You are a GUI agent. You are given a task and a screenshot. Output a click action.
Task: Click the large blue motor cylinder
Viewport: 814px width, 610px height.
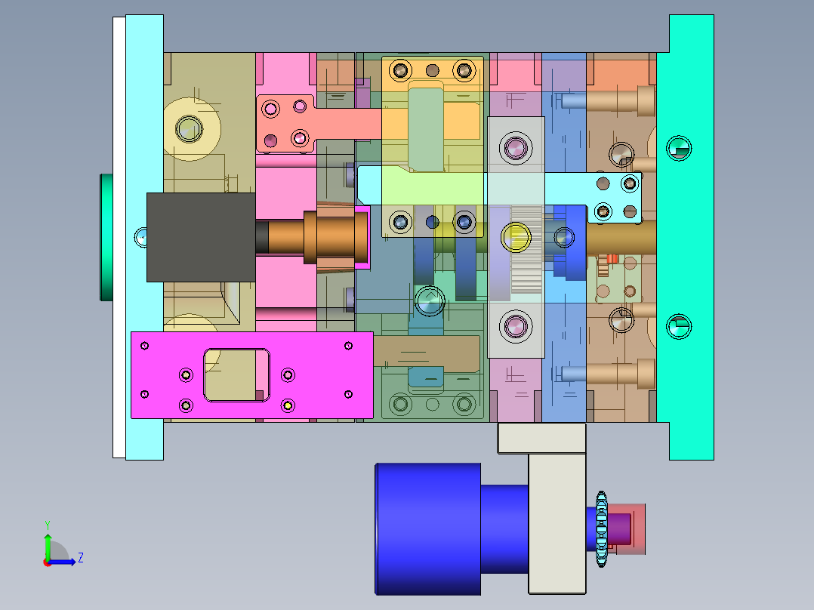pyautogui.click(x=427, y=528)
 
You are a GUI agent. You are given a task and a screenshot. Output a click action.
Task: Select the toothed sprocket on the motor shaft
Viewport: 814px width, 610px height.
pyautogui.click(x=602, y=528)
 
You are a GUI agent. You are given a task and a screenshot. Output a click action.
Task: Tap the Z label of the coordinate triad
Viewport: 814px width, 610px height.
pyautogui.click(x=80, y=558)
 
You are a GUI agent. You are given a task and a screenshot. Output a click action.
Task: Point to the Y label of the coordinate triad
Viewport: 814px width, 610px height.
pyautogui.click(x=47, y=524)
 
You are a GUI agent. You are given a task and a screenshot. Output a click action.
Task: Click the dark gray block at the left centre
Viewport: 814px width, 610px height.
pyautogui.click(x=200, y=237)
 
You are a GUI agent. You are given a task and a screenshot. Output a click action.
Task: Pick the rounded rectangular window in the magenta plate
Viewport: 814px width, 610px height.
pyautogui.click(x=236, y=374)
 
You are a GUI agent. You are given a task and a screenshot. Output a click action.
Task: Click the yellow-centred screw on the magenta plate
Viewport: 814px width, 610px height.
pyautogui.click(x=288, y=405)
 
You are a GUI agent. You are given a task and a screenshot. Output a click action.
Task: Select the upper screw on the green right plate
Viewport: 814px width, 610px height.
pyautogui.click(x=678, y=148)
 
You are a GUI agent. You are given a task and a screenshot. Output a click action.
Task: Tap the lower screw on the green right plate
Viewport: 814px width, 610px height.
pyautogui.click(x=678, y=326)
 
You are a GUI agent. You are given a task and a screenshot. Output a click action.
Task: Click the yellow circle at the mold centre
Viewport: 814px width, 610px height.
pyautogui.click(x=516, y=236)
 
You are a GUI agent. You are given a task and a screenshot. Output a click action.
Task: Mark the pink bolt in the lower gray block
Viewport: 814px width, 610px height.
pyautogui.click(x=516, y=327)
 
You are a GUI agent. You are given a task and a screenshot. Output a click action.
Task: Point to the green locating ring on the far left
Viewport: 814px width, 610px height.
pyautogui.click(x=106, y=237)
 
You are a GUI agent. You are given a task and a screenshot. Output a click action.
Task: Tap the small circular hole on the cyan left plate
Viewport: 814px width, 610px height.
pyautogui.click(x=140, y=237)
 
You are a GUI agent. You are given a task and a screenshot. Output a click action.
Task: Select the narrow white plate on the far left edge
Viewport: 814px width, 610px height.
pyautogui.click(x=119, y=237)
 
